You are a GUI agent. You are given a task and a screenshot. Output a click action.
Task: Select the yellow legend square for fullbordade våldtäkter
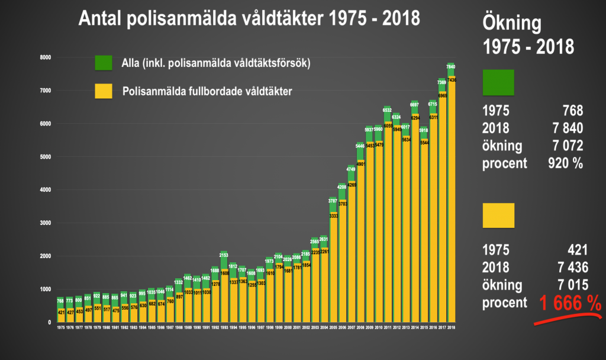point(103,91)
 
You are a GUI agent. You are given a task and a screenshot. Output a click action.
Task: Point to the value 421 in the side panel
point(573,250)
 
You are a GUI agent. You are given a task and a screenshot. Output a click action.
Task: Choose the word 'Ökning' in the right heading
point(512,24)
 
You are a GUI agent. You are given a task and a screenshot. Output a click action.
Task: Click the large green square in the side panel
point(499,82)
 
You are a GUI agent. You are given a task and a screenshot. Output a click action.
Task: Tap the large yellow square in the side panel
point(499,216)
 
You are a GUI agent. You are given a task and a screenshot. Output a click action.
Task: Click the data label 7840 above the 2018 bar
point(451,66)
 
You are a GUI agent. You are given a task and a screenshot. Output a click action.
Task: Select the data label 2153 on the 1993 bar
point(224,255)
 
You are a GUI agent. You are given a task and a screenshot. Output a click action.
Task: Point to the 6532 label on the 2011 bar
point(388,110)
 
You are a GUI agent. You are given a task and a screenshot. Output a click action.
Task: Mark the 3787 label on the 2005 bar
point(333,201)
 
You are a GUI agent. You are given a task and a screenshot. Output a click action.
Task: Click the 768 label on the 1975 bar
point(60,301)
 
